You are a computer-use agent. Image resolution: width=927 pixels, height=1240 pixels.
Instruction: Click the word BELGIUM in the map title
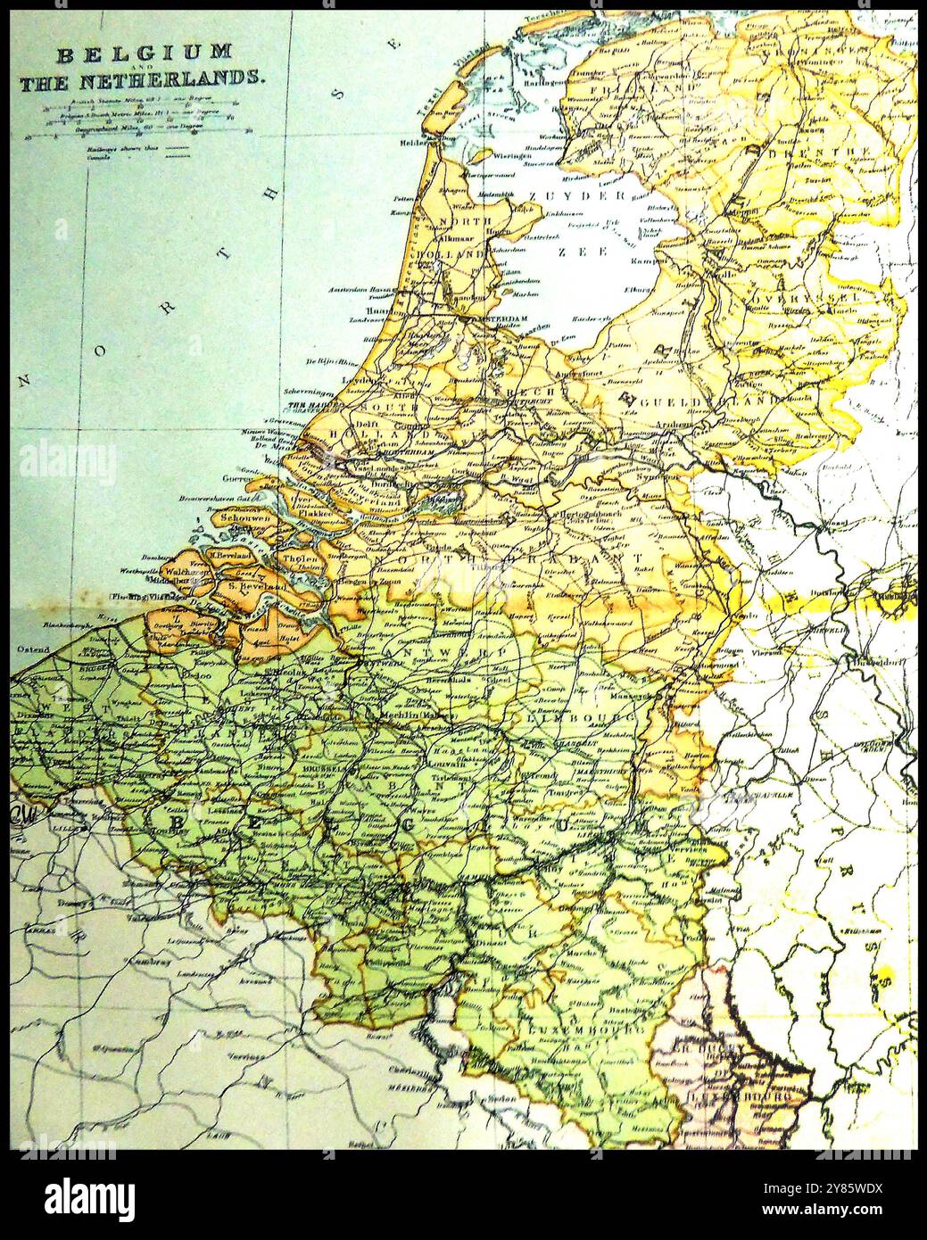pyautogui.click(x=145, y=54)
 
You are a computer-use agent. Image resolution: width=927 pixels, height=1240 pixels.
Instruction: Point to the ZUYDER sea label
pyautogui.click(x=589, y=195)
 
